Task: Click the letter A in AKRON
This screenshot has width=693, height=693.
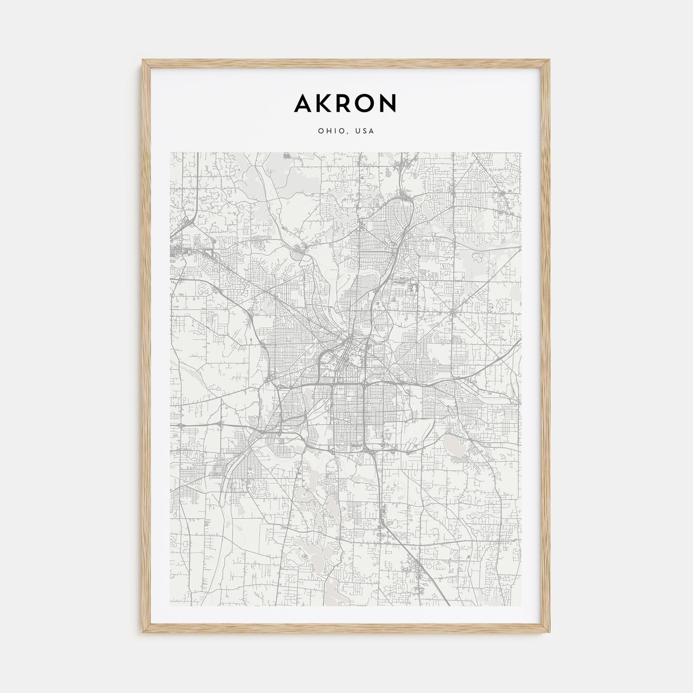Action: (302, 103)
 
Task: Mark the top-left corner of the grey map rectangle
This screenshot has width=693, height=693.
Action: (170, 152)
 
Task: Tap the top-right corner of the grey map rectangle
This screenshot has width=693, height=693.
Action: (522, 152)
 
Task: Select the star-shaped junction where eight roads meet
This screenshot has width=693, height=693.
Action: (454, 313)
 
